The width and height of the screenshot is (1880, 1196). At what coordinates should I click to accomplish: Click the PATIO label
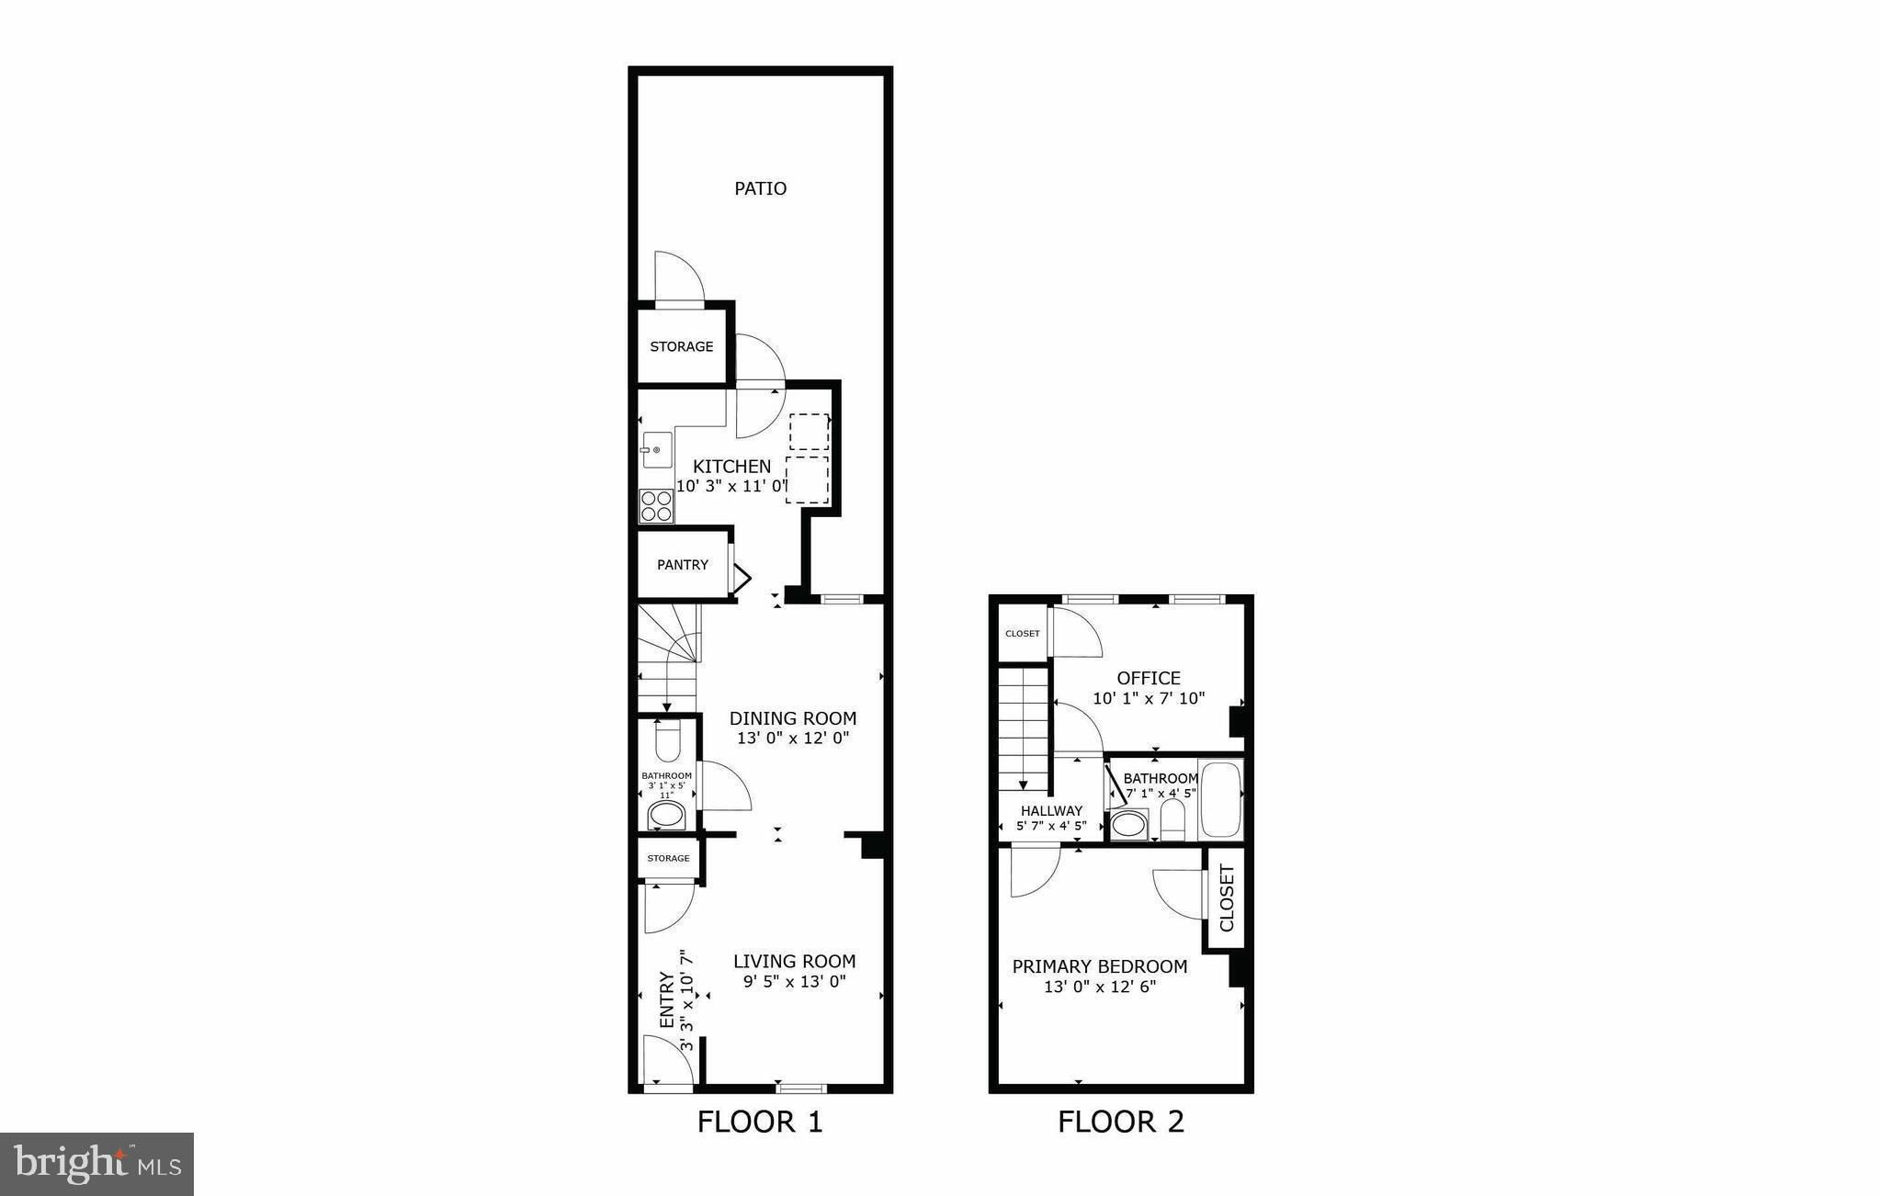point(760,188)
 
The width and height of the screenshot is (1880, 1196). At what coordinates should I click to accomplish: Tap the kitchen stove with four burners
point(656,506)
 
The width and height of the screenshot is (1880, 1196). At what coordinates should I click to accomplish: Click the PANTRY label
point(683,565)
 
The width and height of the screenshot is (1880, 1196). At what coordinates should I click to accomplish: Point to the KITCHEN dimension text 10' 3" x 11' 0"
point(732,487)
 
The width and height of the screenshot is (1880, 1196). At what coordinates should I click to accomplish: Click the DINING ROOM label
point(793,718)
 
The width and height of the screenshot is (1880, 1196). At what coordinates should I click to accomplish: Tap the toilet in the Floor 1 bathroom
point(668,740)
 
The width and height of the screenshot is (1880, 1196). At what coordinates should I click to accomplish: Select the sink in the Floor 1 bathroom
point(667,815)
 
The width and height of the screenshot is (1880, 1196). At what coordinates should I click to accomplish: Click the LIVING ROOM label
point(794,961)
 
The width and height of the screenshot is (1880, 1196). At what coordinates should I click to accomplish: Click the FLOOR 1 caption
point(760,1122)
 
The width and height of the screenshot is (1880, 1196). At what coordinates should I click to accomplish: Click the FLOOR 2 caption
point(1121,1122)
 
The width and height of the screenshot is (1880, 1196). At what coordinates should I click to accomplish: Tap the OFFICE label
point(1149,678)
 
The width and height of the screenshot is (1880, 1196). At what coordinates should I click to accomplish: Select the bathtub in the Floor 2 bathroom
point(1220,798)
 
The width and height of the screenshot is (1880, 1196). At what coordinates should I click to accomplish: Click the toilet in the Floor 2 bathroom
point(1173,820)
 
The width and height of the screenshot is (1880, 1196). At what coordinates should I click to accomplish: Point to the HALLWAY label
point(1051,810)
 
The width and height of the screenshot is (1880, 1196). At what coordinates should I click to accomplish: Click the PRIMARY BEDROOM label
point(1100,966)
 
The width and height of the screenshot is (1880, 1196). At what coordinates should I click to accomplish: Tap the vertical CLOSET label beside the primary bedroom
point(1227,897)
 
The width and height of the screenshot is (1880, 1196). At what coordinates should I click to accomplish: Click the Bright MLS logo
point(97,1163)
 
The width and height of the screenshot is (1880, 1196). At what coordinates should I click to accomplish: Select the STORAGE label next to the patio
point(682,346)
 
